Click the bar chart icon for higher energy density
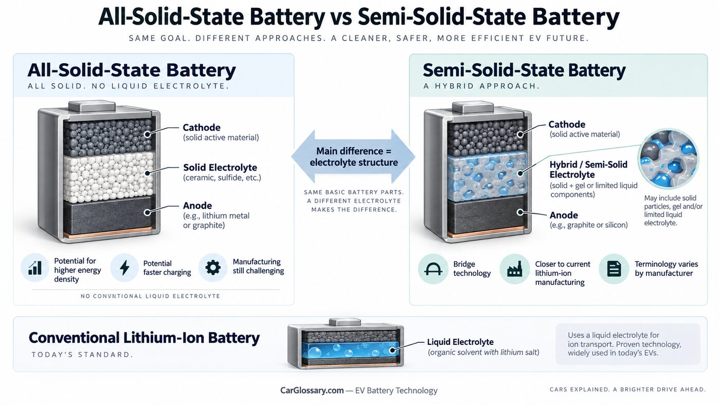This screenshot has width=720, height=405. [35, 268]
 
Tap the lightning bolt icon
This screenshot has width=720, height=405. [124, 268]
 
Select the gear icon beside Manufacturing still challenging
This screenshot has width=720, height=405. [213, 268]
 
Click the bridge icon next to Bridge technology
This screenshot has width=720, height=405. [433, 269]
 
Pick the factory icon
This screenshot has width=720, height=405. [515, 269]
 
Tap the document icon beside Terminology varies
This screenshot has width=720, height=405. [614, 269]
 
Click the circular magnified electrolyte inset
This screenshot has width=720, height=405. [668, 159]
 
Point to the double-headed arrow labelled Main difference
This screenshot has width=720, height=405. [353, 157]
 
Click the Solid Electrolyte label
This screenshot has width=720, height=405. [220, 168]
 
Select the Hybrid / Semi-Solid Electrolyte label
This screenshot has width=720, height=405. [588, 170]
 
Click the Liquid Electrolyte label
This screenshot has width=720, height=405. [460, 342]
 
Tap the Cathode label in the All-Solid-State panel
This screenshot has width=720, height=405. [202, 127]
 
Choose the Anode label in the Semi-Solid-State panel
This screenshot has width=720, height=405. [564, 215]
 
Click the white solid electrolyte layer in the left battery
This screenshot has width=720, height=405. [109, 177]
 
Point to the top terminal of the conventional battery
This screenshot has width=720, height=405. [345, 322]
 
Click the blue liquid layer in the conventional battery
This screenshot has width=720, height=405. [350, 351]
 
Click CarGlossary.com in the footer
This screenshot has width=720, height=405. [312, 390]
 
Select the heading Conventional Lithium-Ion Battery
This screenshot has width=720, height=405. [144, 338]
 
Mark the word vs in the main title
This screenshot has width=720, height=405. [340, 17]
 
